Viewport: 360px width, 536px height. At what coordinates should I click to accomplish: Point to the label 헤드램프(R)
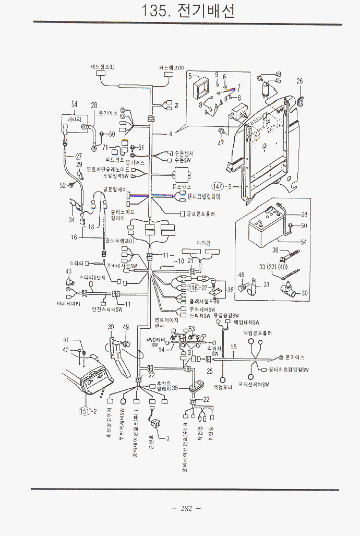point(172,68)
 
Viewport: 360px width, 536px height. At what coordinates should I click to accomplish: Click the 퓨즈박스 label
point(181,186)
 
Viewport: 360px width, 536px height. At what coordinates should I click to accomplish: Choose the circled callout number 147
point(218,186)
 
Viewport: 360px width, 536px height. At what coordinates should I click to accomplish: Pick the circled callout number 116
point(194,288)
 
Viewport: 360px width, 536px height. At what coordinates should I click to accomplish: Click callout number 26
point(299,81)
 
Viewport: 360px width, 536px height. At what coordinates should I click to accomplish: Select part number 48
point(278,74)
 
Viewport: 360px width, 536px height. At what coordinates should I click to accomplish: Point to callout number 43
point(68,271)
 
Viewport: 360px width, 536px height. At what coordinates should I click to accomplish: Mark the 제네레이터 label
point(68,303)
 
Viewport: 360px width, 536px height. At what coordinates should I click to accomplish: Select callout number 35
point(175,388)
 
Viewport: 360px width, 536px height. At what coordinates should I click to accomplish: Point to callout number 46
point(241,275)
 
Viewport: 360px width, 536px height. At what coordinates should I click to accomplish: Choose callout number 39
point(111,327)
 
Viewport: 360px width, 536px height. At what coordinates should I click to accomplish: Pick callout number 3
point(167,438)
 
